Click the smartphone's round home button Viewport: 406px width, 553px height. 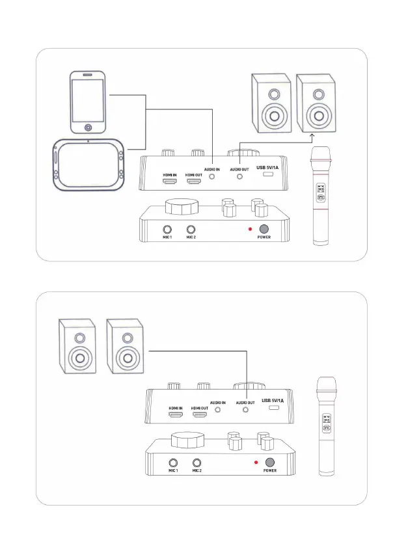coord(89,127)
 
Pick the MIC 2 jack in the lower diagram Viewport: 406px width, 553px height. coord(196,463)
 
